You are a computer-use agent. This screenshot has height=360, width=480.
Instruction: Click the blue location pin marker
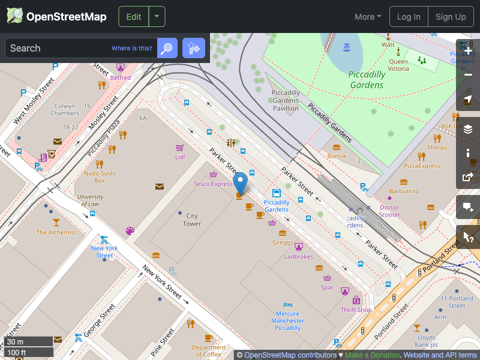click(x=240, y=182)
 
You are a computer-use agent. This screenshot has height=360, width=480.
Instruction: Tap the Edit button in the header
click(x=134, y=17)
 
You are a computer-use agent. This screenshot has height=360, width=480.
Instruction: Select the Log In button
click(x=409, y=17)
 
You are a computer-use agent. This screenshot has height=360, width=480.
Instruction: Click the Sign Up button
click(x=451, y=17)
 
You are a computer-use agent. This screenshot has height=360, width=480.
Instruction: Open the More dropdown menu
click(x=368, y=17)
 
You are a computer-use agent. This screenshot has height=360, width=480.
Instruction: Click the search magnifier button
click(x=167, y=48)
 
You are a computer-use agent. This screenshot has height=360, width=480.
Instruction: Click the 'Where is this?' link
click(x=132, y=49)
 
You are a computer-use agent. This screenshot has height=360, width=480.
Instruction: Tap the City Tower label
click(x=192, y=220)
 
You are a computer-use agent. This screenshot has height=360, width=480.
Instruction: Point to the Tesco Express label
click(x=213, y=184)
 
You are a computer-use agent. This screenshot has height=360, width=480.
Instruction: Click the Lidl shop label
click(x=180, y=157)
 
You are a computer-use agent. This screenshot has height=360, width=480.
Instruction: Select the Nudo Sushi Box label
click(x=100, y=176)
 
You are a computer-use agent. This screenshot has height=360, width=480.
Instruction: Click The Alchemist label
click(x=56, y=232)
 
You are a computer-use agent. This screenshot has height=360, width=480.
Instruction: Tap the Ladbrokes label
click(x=299, y=257)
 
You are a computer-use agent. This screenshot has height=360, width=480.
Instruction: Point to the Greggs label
click(x=283, y=243)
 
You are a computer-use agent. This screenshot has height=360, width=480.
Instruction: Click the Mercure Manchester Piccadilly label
click(x=288, y=320)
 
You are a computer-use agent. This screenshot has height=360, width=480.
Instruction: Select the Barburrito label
click(x=404, y=191)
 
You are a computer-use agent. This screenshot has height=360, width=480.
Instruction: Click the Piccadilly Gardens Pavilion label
click(x=286, y=101)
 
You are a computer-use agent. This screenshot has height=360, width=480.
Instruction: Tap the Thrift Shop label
click(x=356, y=310)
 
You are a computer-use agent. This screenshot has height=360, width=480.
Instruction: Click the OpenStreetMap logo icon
click(x=15, y=16)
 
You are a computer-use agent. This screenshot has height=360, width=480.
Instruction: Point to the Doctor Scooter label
click(x=389, y=211)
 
